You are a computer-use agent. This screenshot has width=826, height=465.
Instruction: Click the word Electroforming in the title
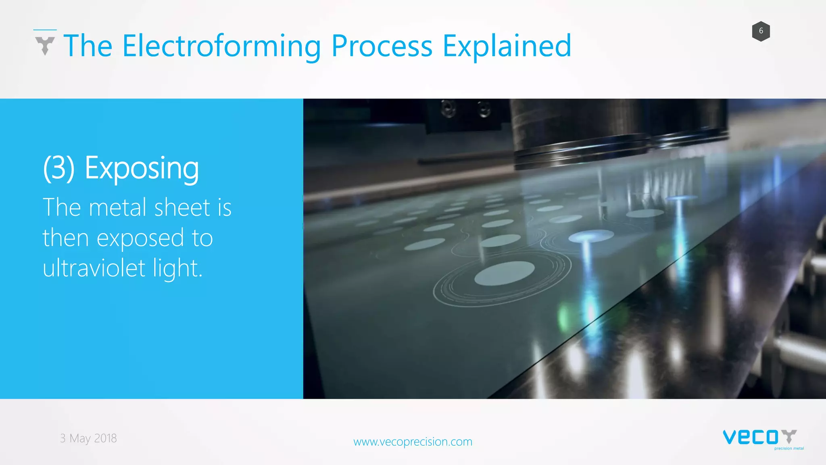point(221,46)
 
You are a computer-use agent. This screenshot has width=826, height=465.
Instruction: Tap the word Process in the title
point(382,46)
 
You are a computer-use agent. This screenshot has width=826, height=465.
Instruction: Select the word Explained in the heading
point(507,46)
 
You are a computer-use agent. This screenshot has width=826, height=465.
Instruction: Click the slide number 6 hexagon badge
point(761,31)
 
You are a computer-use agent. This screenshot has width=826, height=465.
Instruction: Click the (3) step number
point(59,168)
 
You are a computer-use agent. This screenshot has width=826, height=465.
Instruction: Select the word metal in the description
point(117,207)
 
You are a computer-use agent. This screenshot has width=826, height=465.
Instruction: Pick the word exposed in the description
point(140,238)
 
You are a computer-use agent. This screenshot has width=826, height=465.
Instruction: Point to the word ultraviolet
point(94,268)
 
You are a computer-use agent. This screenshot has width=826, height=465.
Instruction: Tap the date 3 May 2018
point(88,438)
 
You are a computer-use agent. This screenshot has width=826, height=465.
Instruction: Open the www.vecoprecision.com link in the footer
point(413,442)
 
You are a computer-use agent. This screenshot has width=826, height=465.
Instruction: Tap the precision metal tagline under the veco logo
point(789,448)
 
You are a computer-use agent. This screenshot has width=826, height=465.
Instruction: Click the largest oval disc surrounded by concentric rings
point(504,273)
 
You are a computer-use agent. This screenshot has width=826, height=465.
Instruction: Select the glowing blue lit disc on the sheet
point(591,236)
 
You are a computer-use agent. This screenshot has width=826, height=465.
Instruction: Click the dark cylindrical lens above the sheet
point(581,133)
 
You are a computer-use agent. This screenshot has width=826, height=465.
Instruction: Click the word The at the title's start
point(88,46)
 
